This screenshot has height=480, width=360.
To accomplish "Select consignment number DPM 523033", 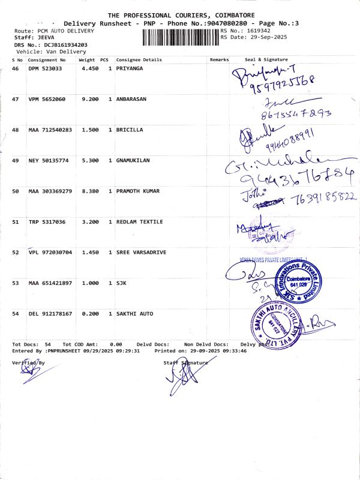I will [45, 69].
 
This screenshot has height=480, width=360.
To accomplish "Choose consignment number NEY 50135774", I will [49, 160].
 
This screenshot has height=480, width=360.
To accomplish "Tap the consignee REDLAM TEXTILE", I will [139, 222].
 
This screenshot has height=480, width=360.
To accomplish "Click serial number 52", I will [16, 253].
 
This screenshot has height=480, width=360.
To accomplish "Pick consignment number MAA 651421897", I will [50, 283].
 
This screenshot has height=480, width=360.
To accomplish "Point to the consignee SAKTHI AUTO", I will [134, 314].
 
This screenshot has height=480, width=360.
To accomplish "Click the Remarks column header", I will [220, 60].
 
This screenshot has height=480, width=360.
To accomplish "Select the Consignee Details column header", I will [139, 60].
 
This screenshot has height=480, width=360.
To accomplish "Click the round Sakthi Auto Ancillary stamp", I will [266, 324].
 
